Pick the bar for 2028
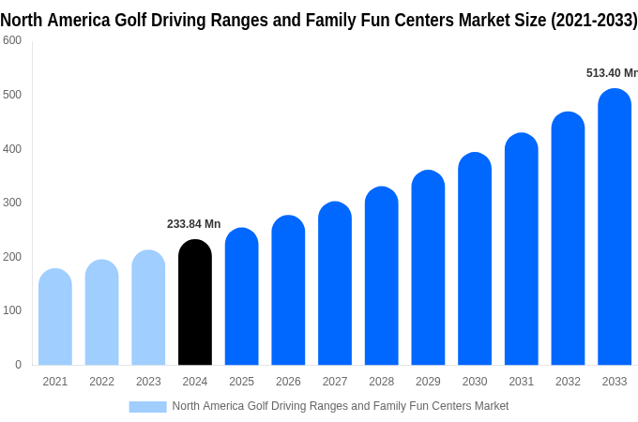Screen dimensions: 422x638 click(382, 276)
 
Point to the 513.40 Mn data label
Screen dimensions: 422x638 click(611, 73)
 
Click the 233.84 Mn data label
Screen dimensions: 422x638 click(193, 224)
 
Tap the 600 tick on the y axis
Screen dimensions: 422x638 click(12, 40)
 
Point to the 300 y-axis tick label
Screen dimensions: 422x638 click(12, 203)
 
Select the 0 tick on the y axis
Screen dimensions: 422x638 click(18, 365)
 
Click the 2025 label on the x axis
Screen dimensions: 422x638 click(241, 382)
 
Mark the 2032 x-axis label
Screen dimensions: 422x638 click(568, 382)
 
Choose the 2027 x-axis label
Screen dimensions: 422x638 click(335, 382)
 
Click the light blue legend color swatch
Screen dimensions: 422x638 click(147, 407)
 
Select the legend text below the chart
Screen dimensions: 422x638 click(340, 406)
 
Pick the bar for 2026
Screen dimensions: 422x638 click(288, 291)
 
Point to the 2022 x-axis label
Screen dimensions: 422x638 click(101, 382)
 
